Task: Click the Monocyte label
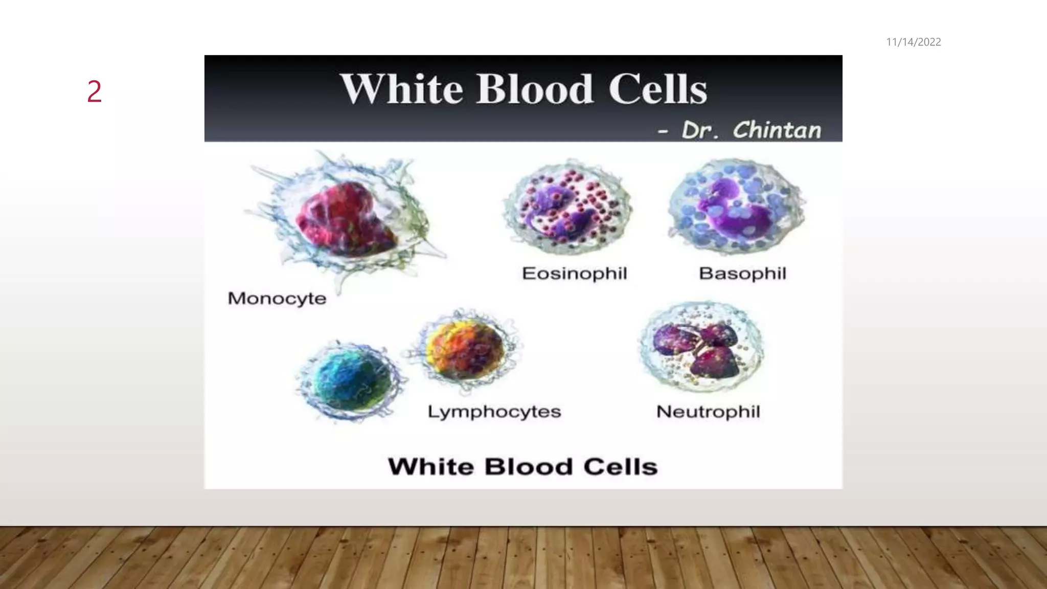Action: [x=277, y=298]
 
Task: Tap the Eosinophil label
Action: [x=574, y=274]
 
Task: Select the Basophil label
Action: [x=742, y=274]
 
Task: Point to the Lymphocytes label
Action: [x=494, y=412]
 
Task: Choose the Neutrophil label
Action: [x=708, y=412]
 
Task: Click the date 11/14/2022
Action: [x=913, y=42]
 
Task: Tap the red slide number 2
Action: [x=95, y=92]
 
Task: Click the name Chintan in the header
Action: [x=777, y=130]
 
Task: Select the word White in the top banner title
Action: [x=402, y=89]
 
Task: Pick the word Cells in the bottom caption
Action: [x=620, y=467]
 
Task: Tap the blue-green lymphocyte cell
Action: [x=351, y=381]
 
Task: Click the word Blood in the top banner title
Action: [x=535, y=89]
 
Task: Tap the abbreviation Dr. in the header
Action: [x=699, y=130]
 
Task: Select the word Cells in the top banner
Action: [x=657, y=89]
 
